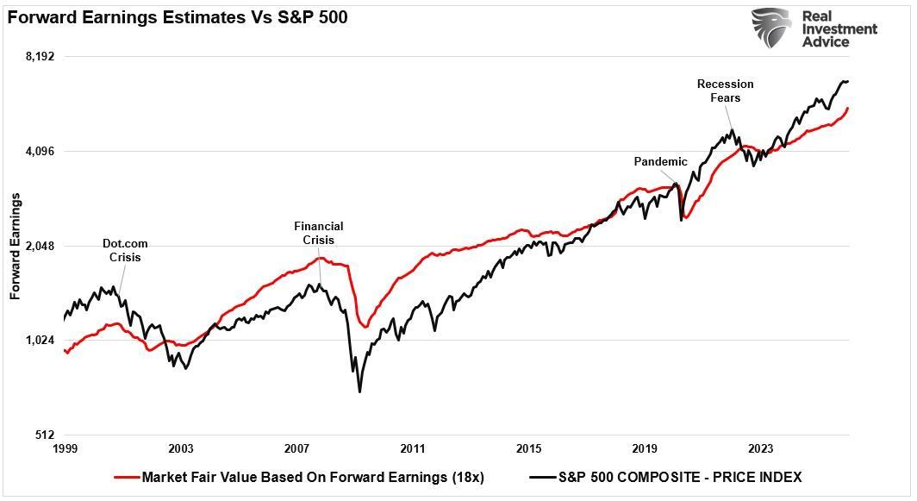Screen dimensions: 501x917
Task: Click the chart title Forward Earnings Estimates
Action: pos(178,17)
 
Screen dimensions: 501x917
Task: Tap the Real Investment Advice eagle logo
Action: pos(770,28)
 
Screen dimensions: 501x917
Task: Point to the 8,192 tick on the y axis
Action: pos(40,57)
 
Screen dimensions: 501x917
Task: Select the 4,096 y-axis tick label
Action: pos(40,152)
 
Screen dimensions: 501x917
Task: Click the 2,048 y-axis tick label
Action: pos(40,246)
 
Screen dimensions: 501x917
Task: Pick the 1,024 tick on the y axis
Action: pos(40,341)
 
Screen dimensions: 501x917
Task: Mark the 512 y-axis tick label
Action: pos(45,435)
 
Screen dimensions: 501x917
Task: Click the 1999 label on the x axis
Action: pos(65,448)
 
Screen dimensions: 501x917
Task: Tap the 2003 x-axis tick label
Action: pos(181,448)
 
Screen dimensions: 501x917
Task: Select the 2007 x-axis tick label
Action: pos(297,448)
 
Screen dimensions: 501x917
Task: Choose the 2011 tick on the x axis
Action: pos(413,448)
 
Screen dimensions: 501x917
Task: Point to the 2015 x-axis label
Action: pos(529,448)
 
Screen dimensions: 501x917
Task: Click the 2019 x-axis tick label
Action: pos(645,448)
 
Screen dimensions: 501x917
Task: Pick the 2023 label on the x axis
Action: pos(761,448)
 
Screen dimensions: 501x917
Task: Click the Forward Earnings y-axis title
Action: pos(15,246)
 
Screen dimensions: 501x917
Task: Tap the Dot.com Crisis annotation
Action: pos(125,251)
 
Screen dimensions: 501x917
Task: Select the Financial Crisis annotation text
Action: pos(318,234)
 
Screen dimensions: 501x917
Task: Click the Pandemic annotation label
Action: pos(660,161)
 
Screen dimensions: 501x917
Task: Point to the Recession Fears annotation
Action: pos(725,91)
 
